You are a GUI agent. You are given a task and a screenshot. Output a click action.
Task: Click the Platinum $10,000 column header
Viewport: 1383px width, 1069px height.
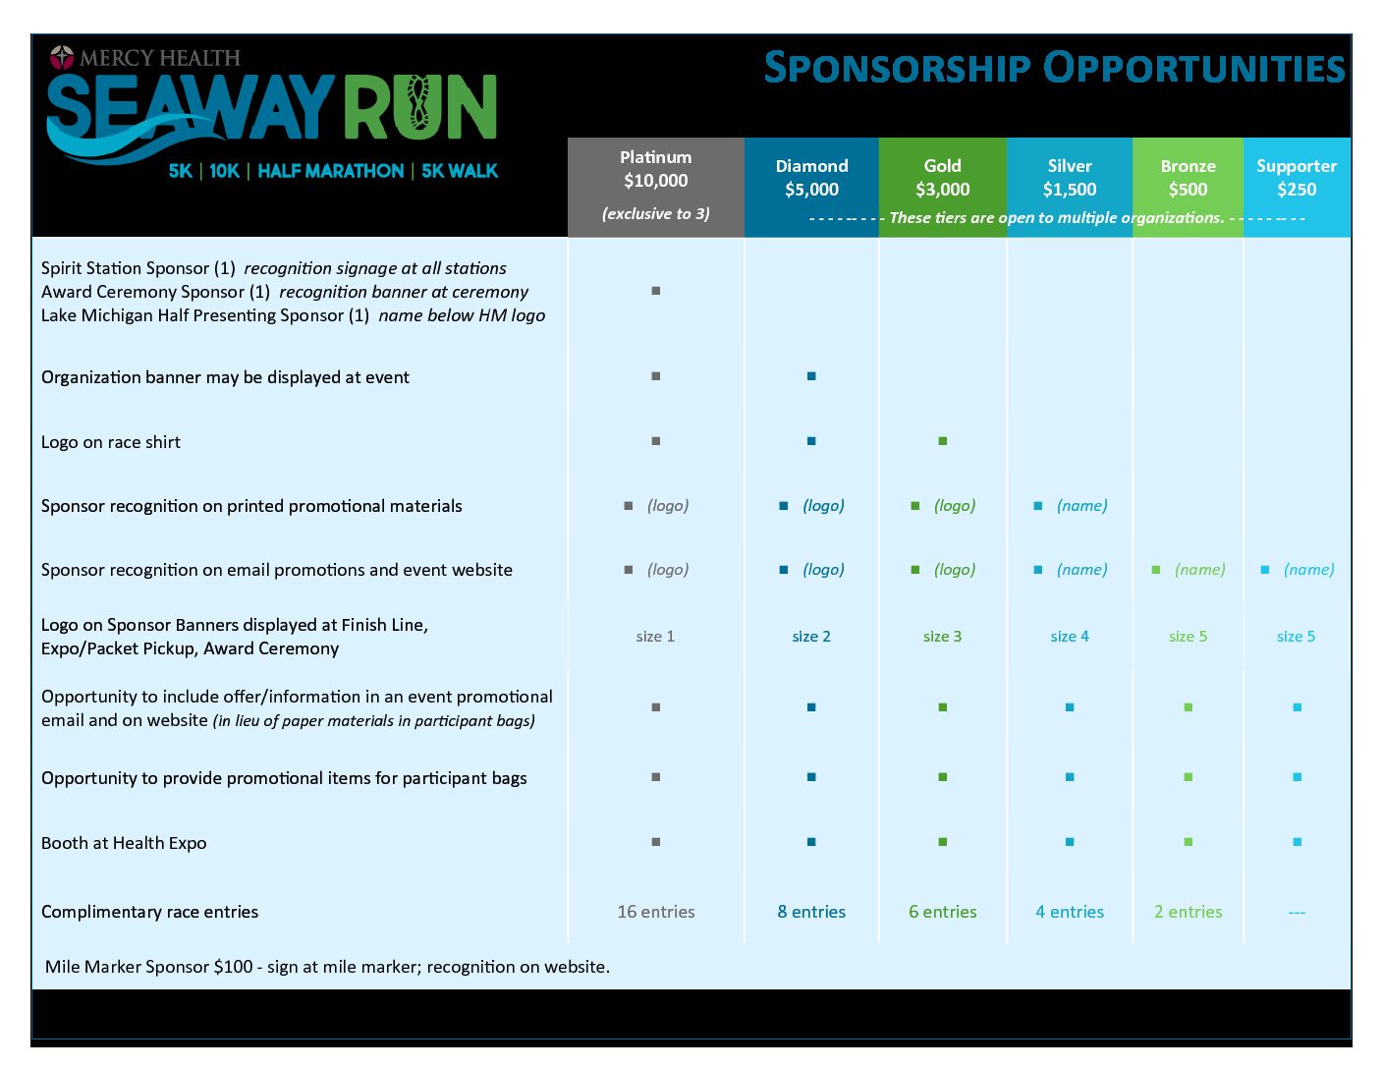655,169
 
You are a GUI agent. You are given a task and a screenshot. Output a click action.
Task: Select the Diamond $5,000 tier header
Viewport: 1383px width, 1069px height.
811,178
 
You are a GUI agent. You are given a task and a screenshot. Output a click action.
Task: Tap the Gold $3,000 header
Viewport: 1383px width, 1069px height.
943,178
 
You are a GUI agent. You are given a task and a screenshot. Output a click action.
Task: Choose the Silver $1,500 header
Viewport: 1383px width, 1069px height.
1070,178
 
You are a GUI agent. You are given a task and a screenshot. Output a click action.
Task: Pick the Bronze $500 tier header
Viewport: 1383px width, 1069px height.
1188,178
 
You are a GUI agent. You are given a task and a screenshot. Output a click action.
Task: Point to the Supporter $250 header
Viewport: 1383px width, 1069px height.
1297,178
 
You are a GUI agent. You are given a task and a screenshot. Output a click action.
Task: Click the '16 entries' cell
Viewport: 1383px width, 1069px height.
655,912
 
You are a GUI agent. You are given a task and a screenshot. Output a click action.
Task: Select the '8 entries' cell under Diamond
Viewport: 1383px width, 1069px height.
811,912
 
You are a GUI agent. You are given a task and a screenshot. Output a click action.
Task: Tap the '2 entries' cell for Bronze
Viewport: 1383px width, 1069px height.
1188,912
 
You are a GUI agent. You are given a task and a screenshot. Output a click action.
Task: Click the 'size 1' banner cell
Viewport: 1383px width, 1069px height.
655,636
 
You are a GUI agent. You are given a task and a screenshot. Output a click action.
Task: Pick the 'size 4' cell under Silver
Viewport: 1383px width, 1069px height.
1070,636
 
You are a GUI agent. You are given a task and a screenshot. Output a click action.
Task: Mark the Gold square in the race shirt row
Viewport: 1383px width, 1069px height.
943,440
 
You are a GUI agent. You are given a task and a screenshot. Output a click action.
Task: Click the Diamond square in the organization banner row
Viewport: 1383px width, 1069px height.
811,375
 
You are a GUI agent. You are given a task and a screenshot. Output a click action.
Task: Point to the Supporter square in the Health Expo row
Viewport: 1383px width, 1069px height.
1298,842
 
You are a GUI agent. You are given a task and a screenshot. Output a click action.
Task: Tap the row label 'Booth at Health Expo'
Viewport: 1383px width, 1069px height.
124,842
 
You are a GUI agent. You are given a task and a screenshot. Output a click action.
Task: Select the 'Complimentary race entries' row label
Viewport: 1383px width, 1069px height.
149,912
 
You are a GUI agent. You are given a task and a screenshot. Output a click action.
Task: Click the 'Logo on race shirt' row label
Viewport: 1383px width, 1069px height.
111,442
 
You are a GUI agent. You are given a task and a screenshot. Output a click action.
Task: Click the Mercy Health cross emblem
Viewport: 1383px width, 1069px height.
62,57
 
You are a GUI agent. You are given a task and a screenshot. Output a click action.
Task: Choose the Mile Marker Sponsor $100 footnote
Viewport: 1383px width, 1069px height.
327,967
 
